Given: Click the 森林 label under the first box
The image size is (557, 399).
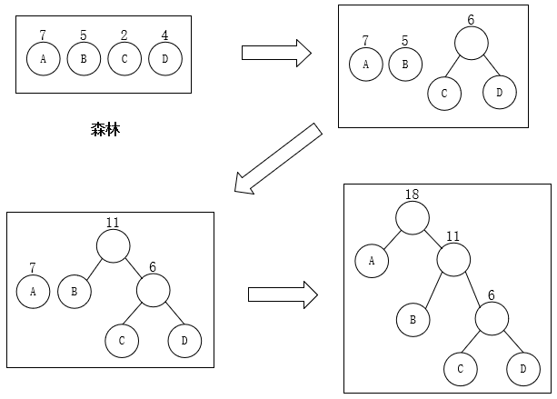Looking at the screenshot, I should click(105, 130).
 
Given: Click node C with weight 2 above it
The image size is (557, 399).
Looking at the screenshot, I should click(124, 59).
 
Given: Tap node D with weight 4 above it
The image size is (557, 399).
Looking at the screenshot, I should click(165, 59).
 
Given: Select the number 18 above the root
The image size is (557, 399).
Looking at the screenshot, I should click(412, 194).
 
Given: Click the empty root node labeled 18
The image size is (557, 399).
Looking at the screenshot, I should click(412, 217).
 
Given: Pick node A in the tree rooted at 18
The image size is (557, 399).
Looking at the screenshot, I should click(371, 261).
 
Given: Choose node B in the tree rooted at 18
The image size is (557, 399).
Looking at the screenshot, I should click(412, 319).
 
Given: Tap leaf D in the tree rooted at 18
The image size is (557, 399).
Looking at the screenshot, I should click(522, 368).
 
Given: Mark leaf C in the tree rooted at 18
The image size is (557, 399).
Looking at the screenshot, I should click(460, 368).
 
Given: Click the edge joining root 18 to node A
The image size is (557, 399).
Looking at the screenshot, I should click(391, 239).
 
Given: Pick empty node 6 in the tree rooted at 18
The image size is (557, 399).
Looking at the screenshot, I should click(491, 319).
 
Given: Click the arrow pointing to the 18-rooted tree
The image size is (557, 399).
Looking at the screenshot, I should click(283, 294).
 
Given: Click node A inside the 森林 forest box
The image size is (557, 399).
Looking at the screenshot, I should click(42, 59).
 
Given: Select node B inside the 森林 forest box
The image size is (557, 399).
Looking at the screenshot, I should click(83, 59).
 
